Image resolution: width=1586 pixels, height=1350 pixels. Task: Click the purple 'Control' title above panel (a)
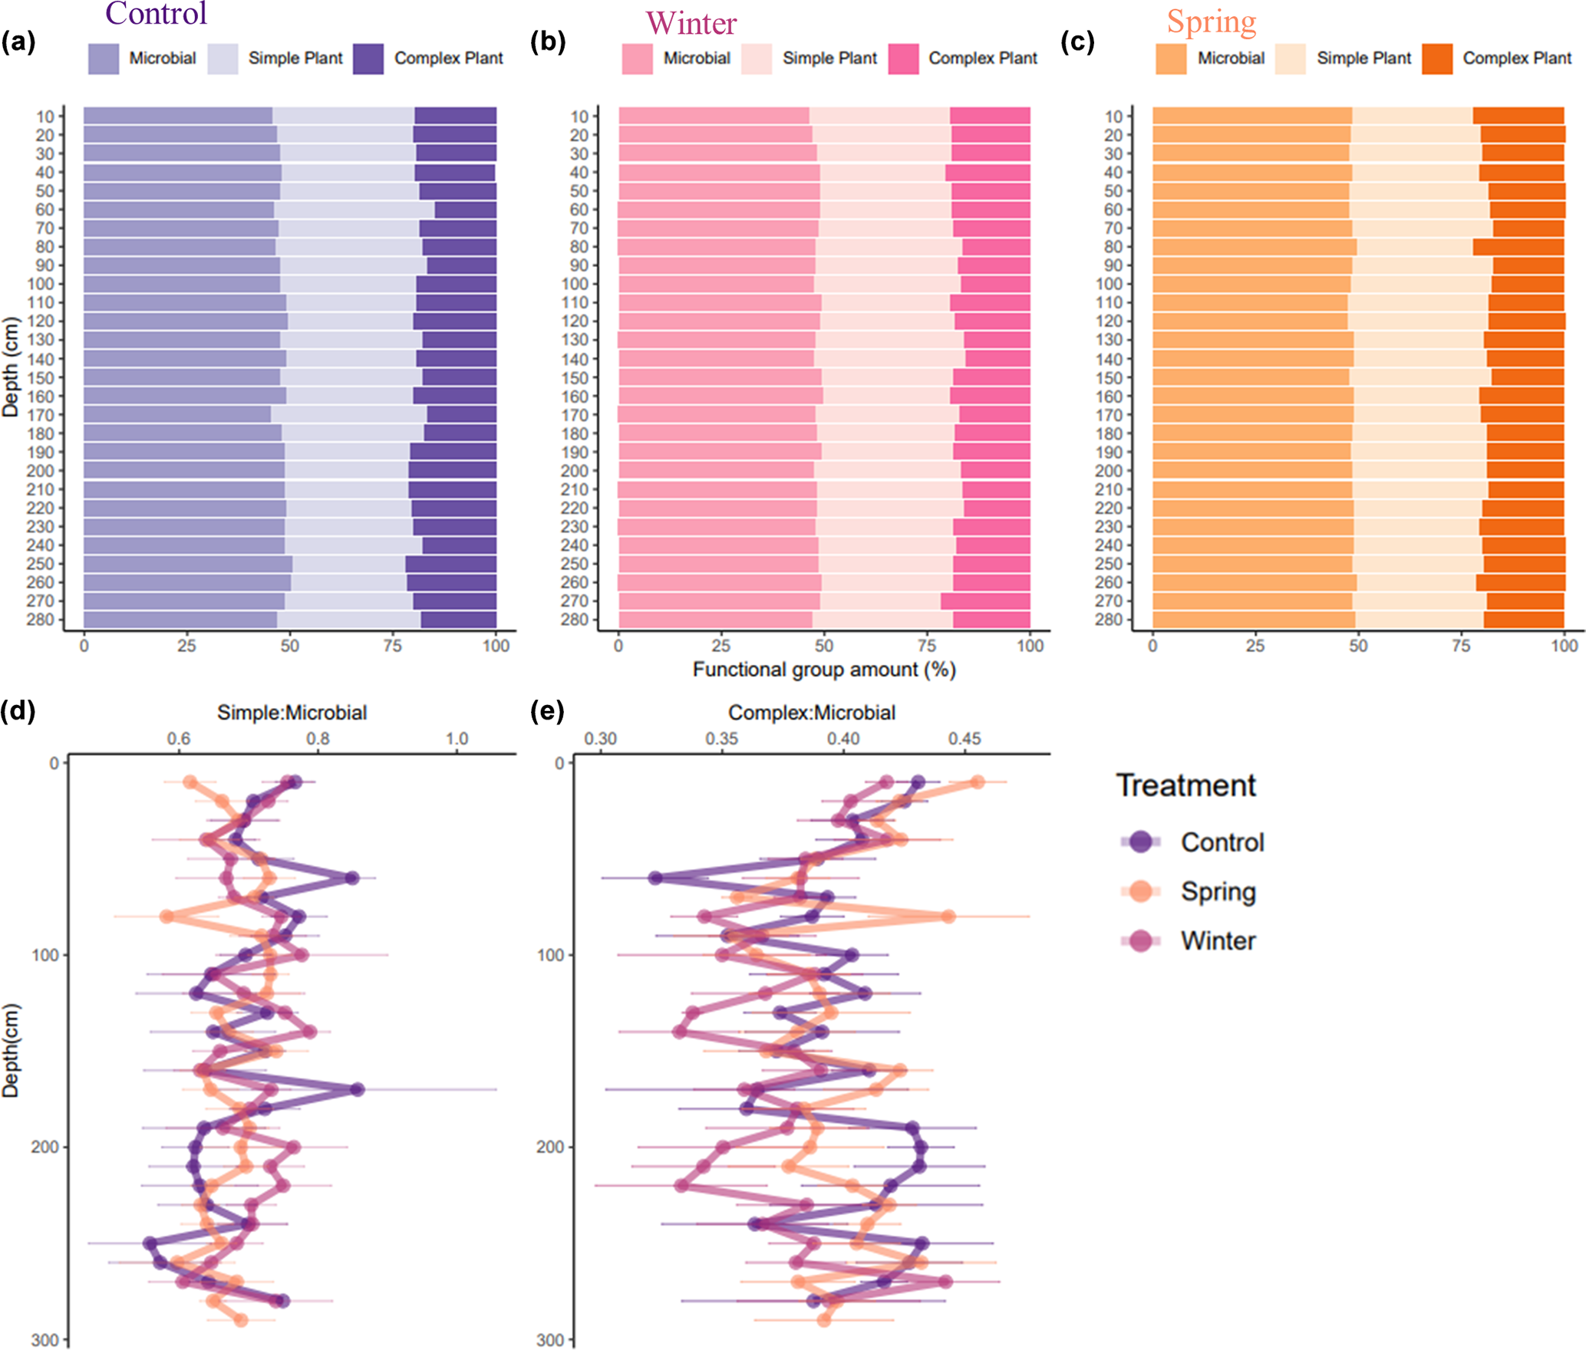pos(156,14)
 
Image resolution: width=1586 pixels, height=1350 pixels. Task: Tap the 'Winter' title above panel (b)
pos(691,23)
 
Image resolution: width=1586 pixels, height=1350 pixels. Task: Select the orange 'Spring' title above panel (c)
pos(1212,21)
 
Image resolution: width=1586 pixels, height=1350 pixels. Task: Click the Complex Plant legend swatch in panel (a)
pos(368,59)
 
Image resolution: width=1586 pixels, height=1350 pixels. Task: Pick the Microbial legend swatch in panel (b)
pos(637,59)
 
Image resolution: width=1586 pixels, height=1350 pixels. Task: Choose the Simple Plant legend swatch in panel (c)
pos(1290,59)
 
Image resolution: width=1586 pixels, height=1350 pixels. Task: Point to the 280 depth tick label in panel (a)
pos(41,620)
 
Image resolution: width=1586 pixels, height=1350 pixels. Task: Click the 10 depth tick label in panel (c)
pos(1113,117)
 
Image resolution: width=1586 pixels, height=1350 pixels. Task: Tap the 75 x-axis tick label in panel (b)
pos(927,646)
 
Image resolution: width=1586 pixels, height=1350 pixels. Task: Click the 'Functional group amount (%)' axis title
pos(823,670)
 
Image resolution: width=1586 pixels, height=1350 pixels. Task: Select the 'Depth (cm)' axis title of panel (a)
pos(11,367)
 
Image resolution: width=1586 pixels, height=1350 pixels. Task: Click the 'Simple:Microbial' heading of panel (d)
pos(292,713)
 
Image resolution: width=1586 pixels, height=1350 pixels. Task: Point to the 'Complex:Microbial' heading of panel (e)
pos(812,713)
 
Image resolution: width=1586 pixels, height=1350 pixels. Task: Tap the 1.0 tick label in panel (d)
pos(457,739)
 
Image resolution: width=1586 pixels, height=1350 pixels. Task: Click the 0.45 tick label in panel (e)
pos(964,739)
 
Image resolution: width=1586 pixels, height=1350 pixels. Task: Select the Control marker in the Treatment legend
pos(1141,841)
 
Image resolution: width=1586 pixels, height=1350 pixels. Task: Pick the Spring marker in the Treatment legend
pos(1141,891)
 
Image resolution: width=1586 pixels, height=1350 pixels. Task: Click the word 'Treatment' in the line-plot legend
pos(1185,785)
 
